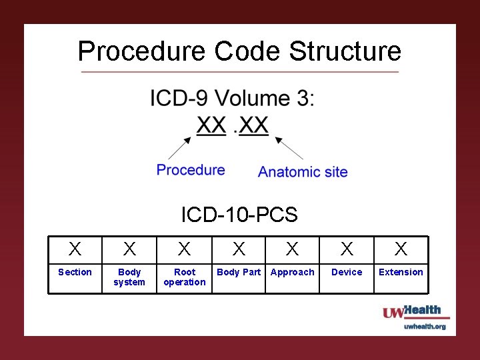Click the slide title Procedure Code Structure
point(239,51)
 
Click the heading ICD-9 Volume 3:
point(233,99)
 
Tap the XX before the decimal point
point(211,125)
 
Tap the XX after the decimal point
point(254,125)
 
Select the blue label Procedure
point(191,170)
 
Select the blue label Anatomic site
point(303,172)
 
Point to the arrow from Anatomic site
point(289,148)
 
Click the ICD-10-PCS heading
point(239,215)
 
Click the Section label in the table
point(75,272)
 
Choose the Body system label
point(129,277)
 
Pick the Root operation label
point(185,277)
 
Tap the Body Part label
point(239,272)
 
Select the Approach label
point(292,272)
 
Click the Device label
point(347,272)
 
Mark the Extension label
point(401,272)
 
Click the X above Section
point(75,249)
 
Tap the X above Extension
point(401,249)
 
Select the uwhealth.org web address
point(425,327)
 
